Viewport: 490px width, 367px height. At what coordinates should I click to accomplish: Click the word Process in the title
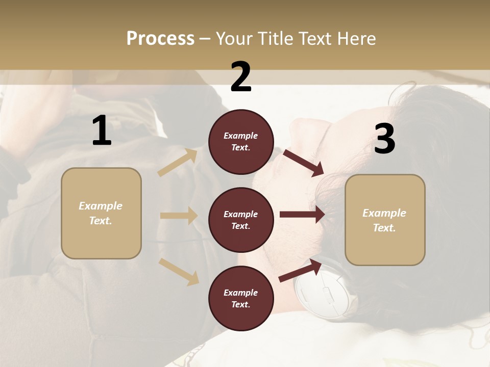click(x=160, y=39)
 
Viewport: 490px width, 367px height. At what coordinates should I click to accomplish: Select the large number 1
click(x=102, y=131)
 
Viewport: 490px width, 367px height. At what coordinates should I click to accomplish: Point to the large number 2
click(x=241, y=77)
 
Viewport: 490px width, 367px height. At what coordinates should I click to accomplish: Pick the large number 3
click(x=385, y=139)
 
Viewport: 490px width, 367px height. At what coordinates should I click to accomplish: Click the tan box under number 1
click(x=101, y=213)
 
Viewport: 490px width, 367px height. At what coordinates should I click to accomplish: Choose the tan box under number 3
click(x=385, y=220)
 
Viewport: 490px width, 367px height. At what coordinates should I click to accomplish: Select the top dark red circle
click(x=241, y=142)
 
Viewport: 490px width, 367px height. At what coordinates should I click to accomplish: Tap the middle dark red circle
click(x=241, y=220)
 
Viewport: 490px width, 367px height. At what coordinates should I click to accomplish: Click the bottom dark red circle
click(x=241, y=298)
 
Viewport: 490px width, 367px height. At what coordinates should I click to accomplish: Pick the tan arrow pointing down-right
click(x=179, y=271)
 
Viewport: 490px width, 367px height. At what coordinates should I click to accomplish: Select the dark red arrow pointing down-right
click(x=303, y=163)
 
